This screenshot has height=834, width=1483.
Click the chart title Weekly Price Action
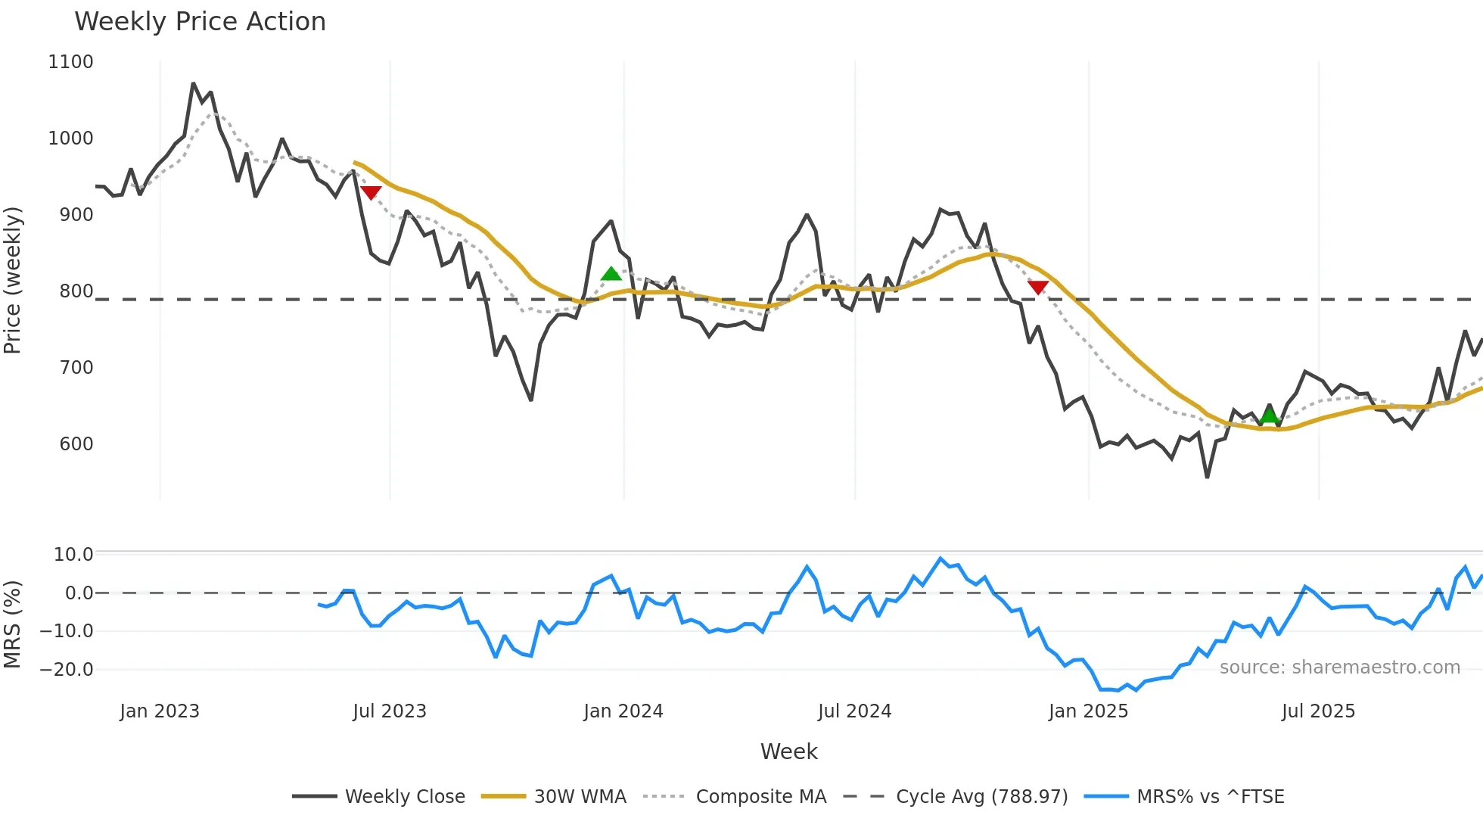200,22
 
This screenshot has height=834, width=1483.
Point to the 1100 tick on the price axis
70,62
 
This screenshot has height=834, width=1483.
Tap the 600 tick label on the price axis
76,444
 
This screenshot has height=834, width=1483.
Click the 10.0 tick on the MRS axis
73,555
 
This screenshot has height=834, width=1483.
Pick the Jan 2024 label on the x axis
623,711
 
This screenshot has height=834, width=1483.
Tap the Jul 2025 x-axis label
1318,711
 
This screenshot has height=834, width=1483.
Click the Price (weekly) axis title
13,280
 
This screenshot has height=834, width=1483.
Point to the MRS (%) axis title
13,624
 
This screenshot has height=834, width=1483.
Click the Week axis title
788,752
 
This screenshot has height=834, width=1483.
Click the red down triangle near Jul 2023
371,192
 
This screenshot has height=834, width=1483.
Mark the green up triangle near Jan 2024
611,274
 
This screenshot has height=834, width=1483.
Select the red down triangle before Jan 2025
1038,287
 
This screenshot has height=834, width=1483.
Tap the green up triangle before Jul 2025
1269,415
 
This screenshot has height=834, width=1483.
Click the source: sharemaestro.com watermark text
1339,668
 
